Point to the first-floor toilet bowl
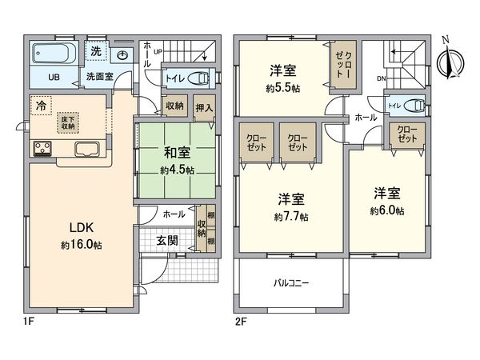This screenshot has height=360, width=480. pyautogui.click(x=200, y=78)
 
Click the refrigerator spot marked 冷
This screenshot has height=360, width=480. pyautogui.click(x=39, y=104)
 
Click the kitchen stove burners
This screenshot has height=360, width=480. pyautogui.click(x=42, y=148)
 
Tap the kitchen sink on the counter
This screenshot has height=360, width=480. pyautogui.click(x=86, y=149)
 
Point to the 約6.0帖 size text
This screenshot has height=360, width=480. pyautogui.click(x=386, y=211)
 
